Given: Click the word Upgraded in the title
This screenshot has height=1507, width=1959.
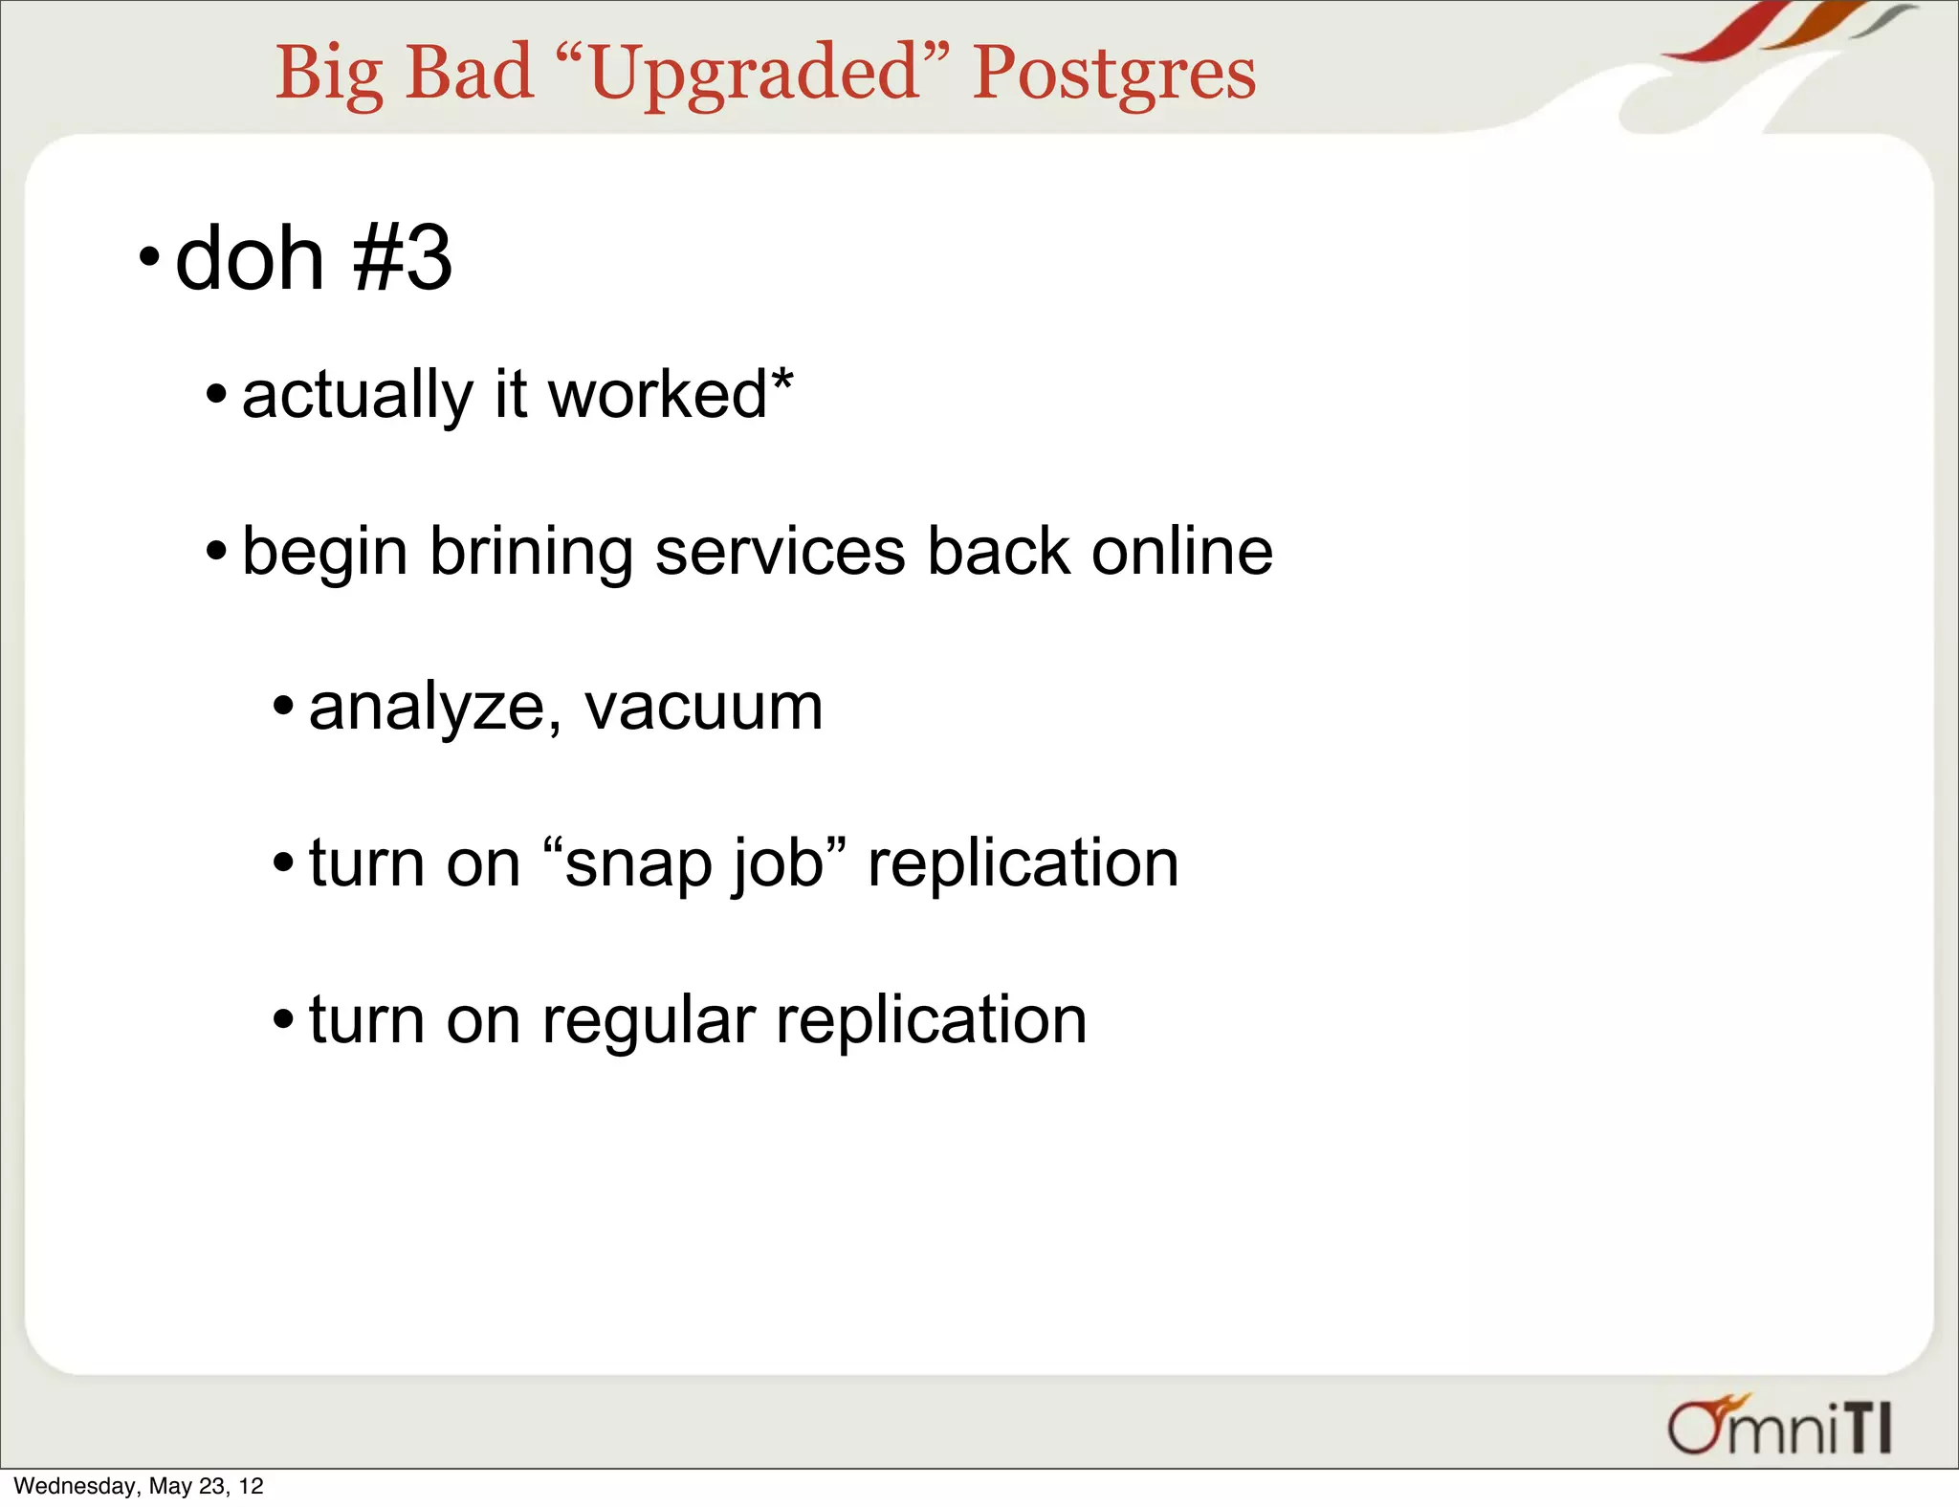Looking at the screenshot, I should tap(755, 74).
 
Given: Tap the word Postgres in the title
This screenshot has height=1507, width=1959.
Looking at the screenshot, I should tap(1113, 74).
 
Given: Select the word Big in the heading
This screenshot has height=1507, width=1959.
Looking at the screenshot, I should tap(330, 74).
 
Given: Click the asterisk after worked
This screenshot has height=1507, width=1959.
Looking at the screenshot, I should tap(783, 379).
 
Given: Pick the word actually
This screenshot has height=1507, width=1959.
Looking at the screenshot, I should tap(357, 396).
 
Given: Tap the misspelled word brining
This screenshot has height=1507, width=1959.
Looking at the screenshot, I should tap(531, 553).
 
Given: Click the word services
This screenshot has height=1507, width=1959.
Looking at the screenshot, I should tap(780, 552).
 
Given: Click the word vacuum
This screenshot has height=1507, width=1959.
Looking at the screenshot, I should tap(703, 709).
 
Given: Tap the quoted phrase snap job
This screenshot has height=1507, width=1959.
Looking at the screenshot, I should tap(694, 863).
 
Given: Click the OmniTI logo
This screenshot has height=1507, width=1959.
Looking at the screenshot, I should tap(1779, 1427).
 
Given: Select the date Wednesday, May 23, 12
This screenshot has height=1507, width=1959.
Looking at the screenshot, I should tap(139, 1486).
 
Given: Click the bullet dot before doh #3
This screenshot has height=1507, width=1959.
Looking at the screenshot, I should tap(148, 257).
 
